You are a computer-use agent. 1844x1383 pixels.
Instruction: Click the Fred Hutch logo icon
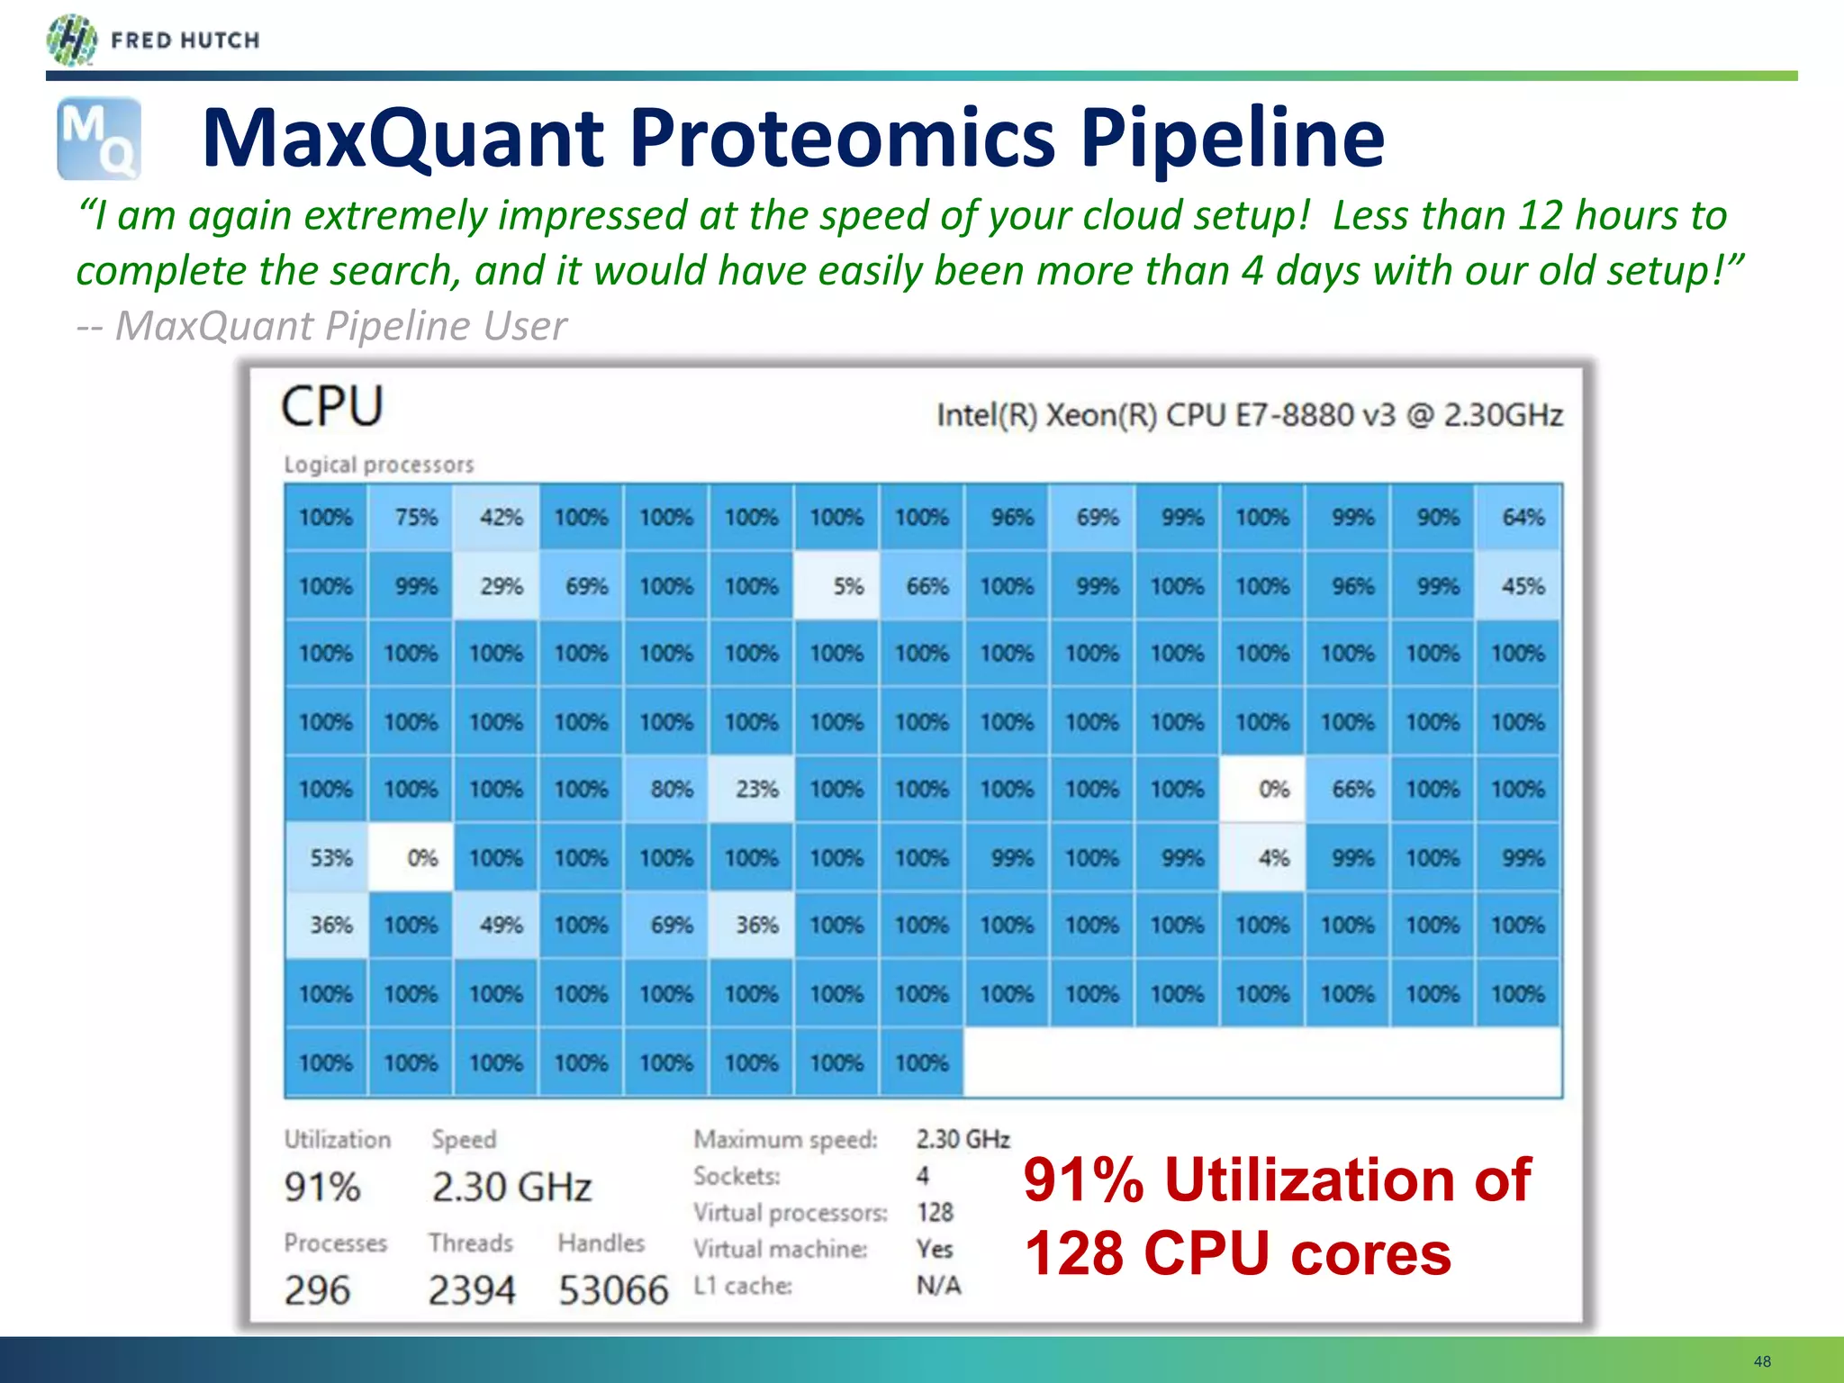[x=71, y=41]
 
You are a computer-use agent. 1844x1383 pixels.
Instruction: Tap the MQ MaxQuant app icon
[x=99, y=139]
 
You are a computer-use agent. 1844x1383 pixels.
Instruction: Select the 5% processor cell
[x=836, y=586]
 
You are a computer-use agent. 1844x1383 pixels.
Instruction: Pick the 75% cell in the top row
[x=411, y=517]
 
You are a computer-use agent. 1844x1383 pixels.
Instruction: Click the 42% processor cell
[x=496, y=517]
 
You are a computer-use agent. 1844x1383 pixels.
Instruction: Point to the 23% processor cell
[x=752, y=790]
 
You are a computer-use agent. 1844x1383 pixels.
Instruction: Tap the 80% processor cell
[x=666, y=790]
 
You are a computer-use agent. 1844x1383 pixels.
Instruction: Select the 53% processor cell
[x=326, y=857]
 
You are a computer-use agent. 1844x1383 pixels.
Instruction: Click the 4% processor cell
[x=1262, y=857]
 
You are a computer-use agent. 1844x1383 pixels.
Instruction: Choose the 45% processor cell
[x=1518, y=586]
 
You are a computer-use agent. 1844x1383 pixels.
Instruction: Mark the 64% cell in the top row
[x=1518, y=517]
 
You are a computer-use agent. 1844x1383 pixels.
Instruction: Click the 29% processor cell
[x=496, y=586]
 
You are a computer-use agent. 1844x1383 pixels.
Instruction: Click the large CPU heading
[x=332, y=406]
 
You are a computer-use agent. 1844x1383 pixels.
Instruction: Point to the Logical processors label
[x=378, y=465]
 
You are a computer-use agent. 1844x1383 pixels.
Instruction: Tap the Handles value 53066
[x=613, y=1290]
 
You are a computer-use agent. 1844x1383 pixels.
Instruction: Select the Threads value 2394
[x=472, y=1290]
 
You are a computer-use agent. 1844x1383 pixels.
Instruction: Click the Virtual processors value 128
[x=935, y=1212]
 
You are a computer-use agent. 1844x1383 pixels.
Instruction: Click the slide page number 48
[x=1762, y=1361]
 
